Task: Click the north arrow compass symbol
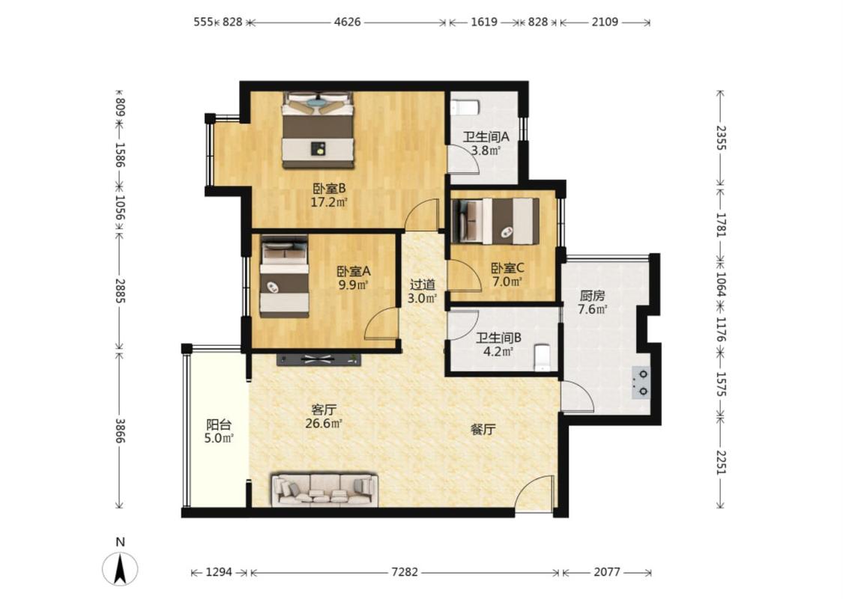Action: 120,568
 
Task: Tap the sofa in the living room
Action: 324,490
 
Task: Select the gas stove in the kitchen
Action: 641,382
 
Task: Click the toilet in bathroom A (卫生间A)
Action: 465,107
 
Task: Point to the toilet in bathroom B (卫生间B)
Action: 543,356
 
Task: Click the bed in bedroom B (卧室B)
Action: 318,130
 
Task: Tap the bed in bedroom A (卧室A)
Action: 285,277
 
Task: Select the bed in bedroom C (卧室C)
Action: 495,221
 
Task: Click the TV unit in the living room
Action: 318,360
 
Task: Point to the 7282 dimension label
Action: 405,572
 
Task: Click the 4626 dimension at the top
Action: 347,22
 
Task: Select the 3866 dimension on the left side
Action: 120,431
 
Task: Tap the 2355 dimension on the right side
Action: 721,138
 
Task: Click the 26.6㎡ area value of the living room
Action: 324,423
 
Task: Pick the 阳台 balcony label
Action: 219,425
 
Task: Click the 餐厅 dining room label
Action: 483,429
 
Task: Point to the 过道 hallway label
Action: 423,285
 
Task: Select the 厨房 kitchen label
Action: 592,296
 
